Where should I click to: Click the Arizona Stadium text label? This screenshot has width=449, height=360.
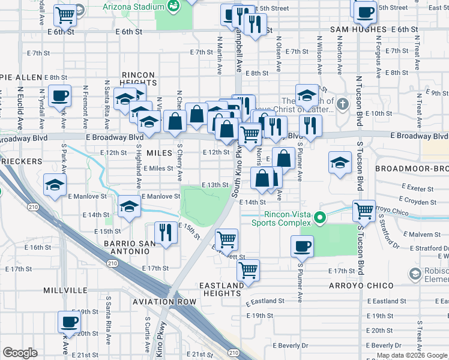pyautogui.click(x=133, y=7)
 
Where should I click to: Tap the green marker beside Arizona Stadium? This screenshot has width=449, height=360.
pyautogui.click(x=174, y=7)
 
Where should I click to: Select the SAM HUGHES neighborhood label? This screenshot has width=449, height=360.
pyautogui.click(x=358, y=29)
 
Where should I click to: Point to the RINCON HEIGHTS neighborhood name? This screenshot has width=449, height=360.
pyautogui.click(x=137, y=79)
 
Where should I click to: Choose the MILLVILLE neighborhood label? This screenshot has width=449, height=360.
pyautogui.click(x=65, y=290)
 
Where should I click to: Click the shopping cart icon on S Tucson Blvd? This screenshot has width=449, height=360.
pyautogui.click(x=364, y=211)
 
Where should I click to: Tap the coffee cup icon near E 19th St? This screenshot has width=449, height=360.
pyautogui.click(x=69, y=321)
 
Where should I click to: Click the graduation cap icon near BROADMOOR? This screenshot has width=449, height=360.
pyautogui.click(x=340, y=163)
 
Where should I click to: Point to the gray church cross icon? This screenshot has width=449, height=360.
pyautogui.click(x=342, y=103)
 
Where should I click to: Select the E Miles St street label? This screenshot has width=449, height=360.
pyautogui.click(x=158, y=169)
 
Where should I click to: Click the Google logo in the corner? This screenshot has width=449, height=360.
pyautogui.click(x=20, y=353)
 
